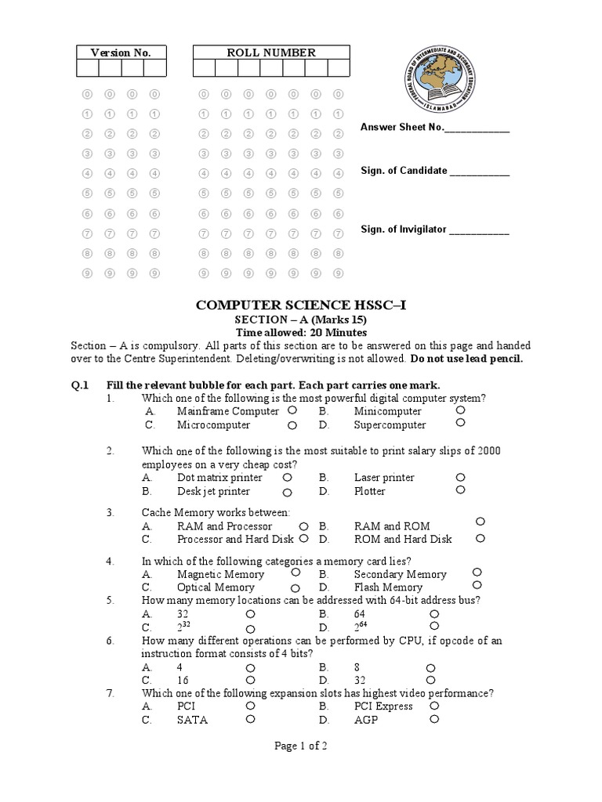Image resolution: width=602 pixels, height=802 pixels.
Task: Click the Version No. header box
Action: tap(121, 52)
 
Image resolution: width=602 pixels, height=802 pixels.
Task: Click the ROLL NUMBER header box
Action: tap(271, 52)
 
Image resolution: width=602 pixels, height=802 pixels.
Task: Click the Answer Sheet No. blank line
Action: tap(477, 129)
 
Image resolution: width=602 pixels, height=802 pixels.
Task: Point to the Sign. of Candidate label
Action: tap(404, 170)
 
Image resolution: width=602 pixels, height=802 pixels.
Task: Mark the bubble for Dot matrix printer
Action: tap(288, 476)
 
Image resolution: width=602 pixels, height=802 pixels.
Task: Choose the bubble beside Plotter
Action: tap(461, 490)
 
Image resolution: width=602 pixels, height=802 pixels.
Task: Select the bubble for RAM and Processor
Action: tap(303, 526)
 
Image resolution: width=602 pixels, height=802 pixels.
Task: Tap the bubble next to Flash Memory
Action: tap(477, 585)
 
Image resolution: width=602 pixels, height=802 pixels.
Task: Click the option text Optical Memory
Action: tap(216, 587)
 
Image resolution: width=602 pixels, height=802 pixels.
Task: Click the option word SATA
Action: tap(192, 721)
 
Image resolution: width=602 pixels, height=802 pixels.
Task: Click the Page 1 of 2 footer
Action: tap(300, 746)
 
